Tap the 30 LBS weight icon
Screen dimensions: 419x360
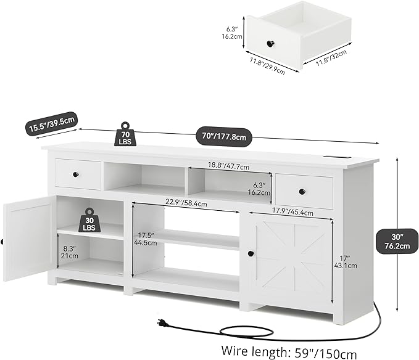[89, 220]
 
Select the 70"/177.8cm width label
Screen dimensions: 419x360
[223, 137]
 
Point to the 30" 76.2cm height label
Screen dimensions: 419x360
[397, 241]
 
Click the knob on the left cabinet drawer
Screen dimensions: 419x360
[76, 174]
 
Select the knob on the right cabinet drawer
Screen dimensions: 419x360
[302, 191]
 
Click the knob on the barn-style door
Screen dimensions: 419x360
[251, 253]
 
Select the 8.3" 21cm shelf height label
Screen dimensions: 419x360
[70, 252]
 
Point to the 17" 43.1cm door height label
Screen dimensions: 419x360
[345, 262]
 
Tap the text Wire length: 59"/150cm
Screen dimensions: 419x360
[289, 351]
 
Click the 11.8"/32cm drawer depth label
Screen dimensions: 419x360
[331, 58]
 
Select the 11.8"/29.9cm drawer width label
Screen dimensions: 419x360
[267, 66]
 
